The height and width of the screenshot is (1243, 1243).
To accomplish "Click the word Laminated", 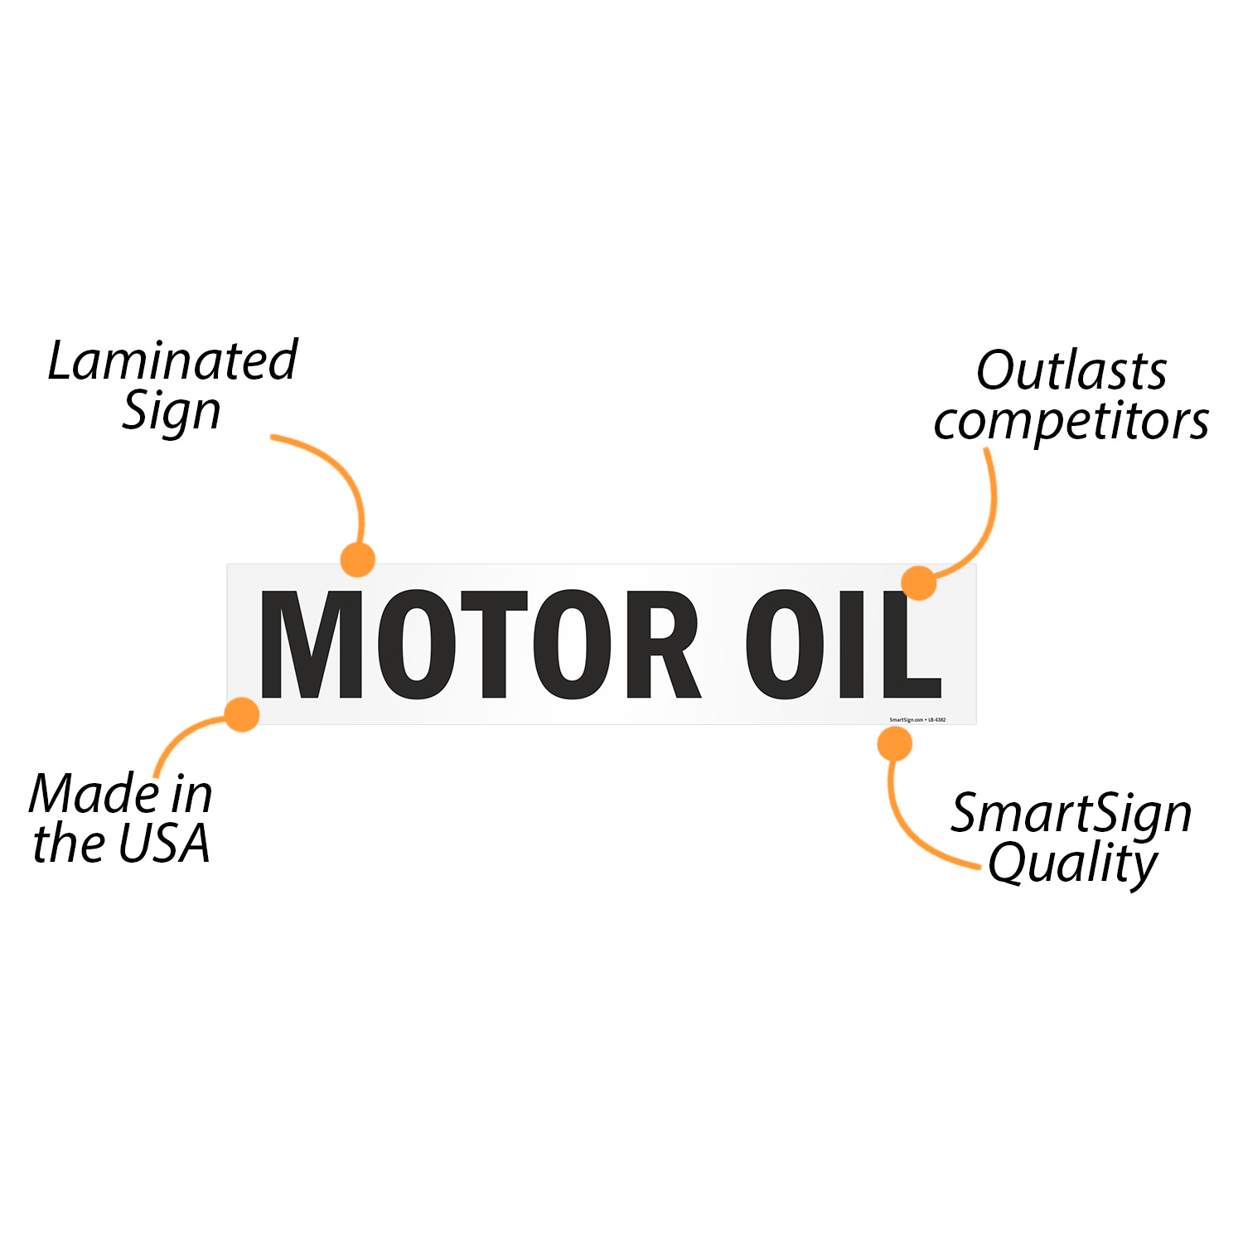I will [x=172, y=361].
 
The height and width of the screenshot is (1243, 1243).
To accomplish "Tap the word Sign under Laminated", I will [x=172, y=411].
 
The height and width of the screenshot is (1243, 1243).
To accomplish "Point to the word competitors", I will [x=1071, y=422].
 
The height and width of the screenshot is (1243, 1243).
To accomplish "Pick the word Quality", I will [x=1072, y=864].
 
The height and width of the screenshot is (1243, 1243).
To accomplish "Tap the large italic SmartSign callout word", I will [x=1071, y=814].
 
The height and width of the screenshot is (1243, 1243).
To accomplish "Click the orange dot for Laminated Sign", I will [x=358, y=560].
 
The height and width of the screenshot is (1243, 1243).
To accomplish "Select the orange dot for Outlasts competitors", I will [x=919, y=583].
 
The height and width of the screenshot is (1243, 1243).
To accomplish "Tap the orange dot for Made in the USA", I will [x=243, y=714].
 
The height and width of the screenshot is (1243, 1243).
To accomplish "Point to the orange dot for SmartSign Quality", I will [x=895, y=744].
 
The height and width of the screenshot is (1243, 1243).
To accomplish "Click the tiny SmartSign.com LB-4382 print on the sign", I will [x=917, y=720].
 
